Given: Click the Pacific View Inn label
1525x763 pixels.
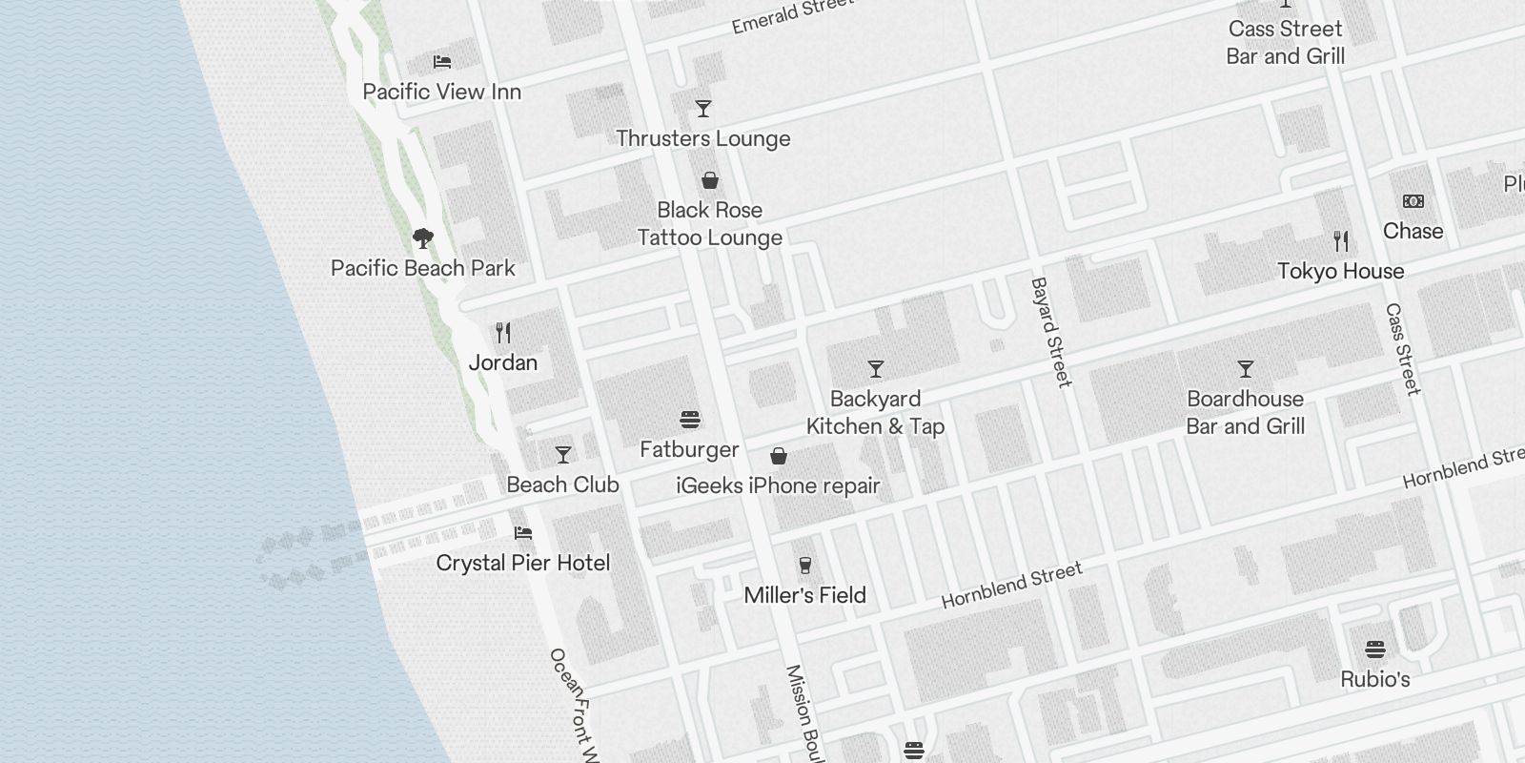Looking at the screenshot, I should pos(441,92).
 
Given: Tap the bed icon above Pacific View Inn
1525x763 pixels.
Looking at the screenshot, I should pos(442,62).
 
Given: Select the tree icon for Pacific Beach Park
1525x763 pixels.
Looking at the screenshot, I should pos(423,237).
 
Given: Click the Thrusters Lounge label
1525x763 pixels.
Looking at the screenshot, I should pos(703,138).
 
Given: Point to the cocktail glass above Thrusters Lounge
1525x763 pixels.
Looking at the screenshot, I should pos(703,109).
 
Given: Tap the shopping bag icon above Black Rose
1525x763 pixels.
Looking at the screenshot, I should pos(710,180).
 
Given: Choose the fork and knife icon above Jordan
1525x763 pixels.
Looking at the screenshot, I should pos(503,333).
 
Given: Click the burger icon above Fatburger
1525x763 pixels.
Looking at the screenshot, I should pos(690,420).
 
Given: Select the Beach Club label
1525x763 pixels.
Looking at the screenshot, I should pos(562,485).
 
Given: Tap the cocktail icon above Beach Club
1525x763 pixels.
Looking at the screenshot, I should pos(563,455).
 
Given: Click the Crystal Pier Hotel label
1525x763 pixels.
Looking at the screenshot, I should pos(522,563).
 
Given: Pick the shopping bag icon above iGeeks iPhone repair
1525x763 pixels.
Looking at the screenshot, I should pos(779,456).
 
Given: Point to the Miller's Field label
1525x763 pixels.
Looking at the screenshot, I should pos(804,595).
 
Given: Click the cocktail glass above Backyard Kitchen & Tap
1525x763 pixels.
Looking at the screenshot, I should pos(876,369).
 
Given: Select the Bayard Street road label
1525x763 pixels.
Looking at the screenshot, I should pos(1051,332).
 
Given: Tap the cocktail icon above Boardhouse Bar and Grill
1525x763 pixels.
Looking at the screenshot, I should pos(1246,369).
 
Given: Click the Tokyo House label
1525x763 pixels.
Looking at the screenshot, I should pos(1340,271).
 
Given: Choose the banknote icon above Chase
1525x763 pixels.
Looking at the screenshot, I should pos(1413,201).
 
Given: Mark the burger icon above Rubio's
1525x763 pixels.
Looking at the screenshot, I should pos(1375,650).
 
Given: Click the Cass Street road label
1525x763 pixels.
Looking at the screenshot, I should pos(1403,349).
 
